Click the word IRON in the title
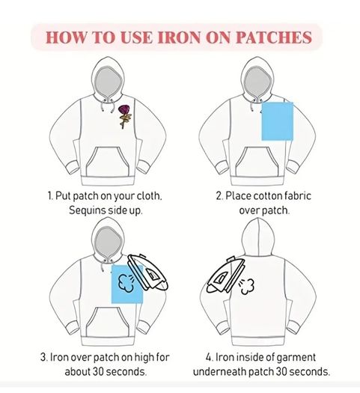[180, 37]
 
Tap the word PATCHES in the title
[274, 37]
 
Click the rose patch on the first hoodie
[124, 117]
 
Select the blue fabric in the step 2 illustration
[278, 121]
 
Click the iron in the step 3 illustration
[147, 272]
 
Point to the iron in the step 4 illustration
[225, 275]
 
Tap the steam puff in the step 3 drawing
[126, 283]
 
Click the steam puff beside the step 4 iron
[247, 287]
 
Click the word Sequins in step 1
[85, 210]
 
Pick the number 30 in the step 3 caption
[99, 371]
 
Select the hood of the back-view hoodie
[258, 237]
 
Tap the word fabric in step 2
[298, 196]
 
